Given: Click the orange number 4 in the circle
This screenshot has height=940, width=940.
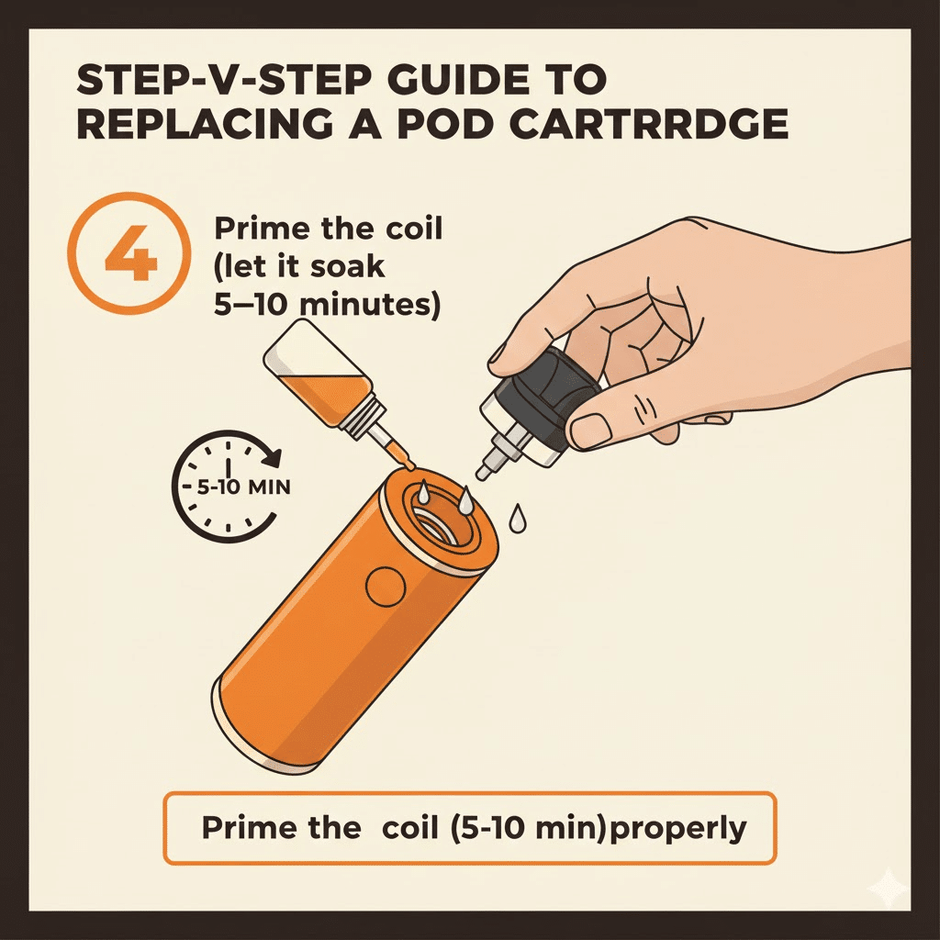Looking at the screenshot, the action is [131, 253].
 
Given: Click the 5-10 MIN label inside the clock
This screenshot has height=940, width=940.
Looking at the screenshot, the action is [243, 487].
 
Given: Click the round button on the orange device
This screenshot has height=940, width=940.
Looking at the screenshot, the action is [385, 586].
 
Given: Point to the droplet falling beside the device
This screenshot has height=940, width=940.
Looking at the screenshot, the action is [517, 520].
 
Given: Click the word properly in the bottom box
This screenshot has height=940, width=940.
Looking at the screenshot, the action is [678, 829].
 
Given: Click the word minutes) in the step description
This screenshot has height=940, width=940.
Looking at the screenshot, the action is [369, 305].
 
